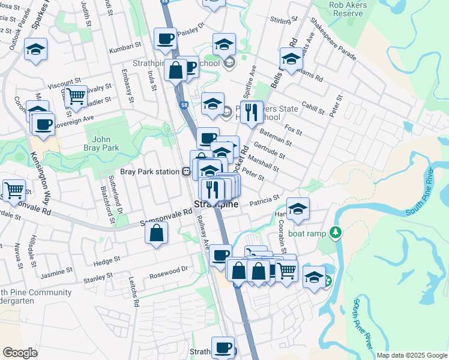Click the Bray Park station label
point(150,172)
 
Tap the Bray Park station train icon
point(187,172)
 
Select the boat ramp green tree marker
point(337,232)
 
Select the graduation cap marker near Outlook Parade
point(36,49)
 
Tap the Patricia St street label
point(268,198)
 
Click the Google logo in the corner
point(19,353)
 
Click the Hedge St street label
point(107,260)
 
